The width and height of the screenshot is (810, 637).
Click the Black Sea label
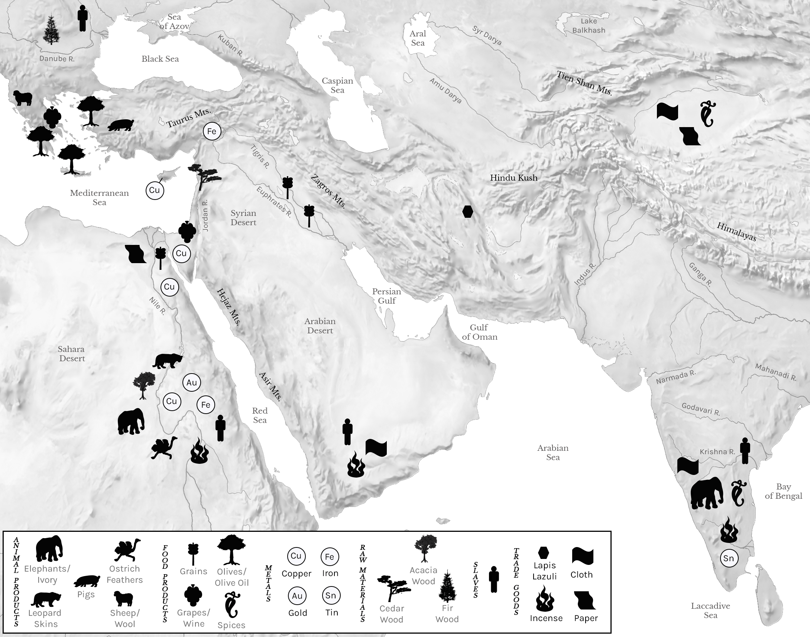point(160,59)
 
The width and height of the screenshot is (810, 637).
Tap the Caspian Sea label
point(337,85)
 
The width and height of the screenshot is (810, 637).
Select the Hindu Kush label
point(513,178)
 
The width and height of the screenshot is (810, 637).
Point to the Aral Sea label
point(418,38)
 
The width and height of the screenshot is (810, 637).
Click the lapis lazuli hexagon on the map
point(467,211)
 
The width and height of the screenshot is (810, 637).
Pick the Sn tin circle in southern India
point(728,558)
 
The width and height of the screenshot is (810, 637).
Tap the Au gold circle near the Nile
point(192,383)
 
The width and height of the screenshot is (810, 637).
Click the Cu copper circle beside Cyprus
point(154,190)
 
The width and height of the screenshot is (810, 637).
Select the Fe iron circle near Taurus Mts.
point(212,131)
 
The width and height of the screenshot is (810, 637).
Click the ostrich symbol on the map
point(164,447)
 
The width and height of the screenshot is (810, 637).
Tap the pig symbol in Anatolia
point(121,125)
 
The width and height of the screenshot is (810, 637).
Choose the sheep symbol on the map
point(23,98)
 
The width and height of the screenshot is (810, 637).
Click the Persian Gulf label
point(386,296)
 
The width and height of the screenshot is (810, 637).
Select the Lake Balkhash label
point(589,26)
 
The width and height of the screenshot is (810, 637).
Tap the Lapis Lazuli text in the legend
point(544,571)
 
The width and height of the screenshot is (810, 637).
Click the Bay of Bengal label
point(783,491)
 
